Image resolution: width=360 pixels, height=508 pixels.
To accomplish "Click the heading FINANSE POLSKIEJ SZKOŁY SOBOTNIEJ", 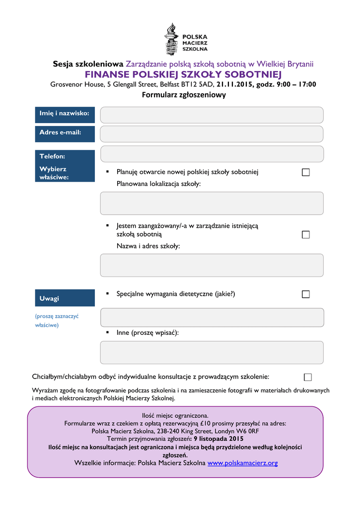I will coord(183,74).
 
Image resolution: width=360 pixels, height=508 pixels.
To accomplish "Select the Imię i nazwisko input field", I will coord(212,115).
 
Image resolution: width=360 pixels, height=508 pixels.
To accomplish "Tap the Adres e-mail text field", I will coord(212,134).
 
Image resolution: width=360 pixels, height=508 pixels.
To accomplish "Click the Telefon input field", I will coord(212,154).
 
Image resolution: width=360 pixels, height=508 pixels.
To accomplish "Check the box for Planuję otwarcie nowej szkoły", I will coord(305,172).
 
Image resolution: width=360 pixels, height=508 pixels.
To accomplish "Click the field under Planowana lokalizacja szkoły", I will coord(212,203).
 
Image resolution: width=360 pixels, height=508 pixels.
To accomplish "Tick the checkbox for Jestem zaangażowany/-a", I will coord(305,235).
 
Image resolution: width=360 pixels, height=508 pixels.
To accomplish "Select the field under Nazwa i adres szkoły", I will coord(212,265).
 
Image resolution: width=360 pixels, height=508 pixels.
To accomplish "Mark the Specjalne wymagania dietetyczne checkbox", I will coord(305,294).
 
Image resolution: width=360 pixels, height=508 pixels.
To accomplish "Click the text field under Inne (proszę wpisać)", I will coord(212,352).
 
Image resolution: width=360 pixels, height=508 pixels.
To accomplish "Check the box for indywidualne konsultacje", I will coord(308,377).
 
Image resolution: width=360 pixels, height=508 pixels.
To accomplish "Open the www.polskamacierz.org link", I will coord(242,463).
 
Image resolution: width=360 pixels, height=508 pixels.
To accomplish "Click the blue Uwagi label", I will coord(65,298).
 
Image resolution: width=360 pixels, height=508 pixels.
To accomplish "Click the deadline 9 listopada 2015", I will coord(219,439).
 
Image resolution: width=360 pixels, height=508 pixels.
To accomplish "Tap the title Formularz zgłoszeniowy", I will coord(184,95).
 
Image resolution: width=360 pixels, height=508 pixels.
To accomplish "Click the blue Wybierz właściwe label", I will coord(65,173).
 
